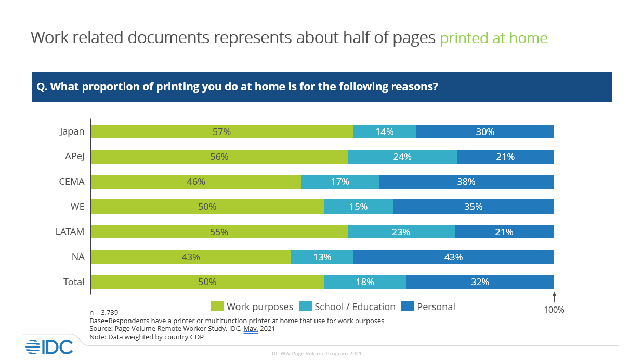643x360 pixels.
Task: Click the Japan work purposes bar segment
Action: click(222, 131)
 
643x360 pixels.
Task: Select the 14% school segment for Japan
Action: click(385, 131)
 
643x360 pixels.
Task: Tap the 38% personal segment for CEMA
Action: click(466, 181)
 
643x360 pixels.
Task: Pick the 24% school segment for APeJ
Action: click(402, 156)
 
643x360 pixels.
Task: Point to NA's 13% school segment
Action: click(322, 257)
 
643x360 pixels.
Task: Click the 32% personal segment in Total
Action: click(480, 282)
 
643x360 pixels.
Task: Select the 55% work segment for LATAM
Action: click(219, 232)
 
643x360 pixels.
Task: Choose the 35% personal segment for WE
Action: click(473, 206)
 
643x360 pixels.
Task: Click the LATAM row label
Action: click(70, 232)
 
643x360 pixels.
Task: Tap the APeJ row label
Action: click(72, 156)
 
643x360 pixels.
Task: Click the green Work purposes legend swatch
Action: click(217, 306)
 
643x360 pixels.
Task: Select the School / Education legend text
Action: click(355, 306)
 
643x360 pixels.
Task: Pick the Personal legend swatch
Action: click(408, 306)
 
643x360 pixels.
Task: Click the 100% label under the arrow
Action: click(554, 310)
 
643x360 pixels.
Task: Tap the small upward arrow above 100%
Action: click(554, 297)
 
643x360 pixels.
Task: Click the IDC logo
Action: click(49, 346)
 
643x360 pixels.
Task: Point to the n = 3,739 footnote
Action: click(104, 312)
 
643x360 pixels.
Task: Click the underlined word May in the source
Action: click(250, 328)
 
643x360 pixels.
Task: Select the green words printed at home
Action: click(493, 38)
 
